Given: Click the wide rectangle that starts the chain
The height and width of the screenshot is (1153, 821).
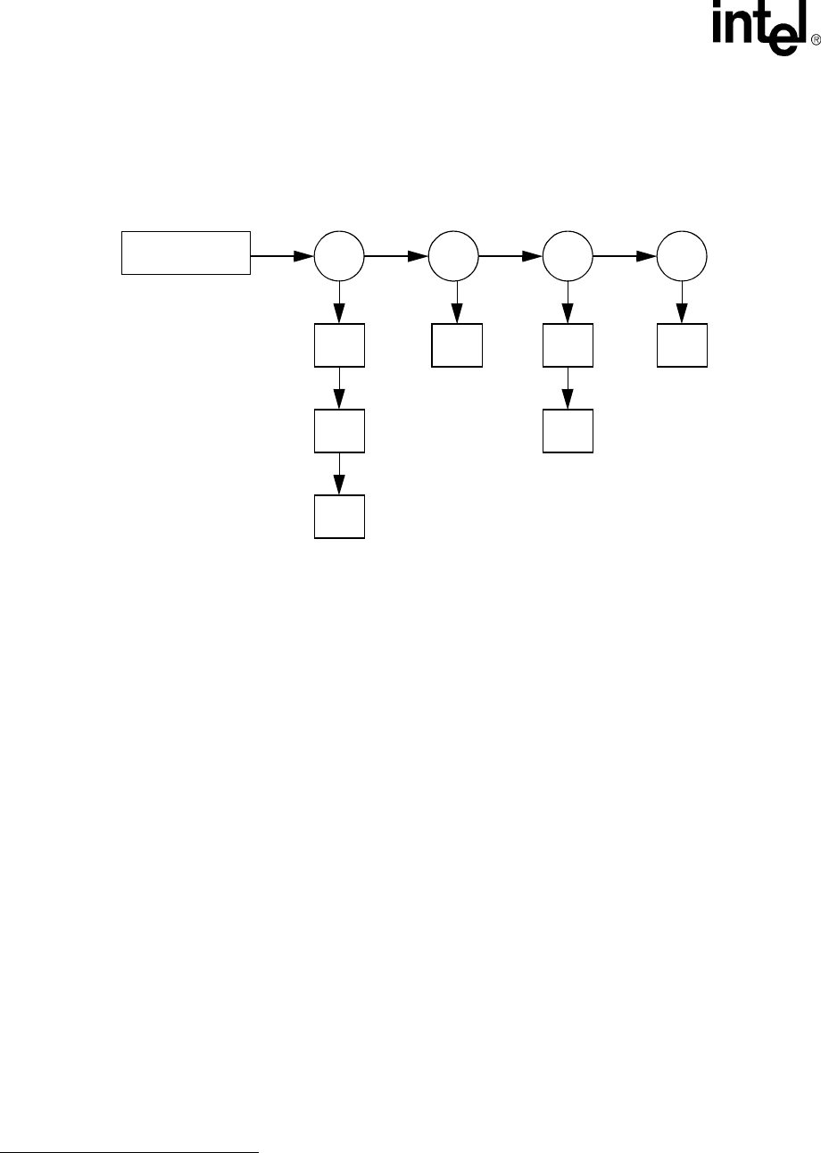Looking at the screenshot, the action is click(186, 253).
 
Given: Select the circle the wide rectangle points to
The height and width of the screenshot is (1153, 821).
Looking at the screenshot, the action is click(340, 257).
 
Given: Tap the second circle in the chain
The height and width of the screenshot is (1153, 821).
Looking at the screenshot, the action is click(453, 257).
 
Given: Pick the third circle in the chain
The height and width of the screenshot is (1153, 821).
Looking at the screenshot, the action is click(568, 257).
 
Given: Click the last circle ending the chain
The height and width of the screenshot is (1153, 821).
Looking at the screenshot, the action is click(683, 257).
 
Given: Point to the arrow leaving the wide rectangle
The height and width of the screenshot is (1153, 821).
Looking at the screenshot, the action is click(283, 257).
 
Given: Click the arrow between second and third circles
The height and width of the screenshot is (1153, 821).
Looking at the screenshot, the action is click(510, 257).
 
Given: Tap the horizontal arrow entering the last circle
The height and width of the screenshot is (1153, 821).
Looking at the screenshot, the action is click(625, 257).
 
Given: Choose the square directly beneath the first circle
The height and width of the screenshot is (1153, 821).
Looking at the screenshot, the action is click(340, 345).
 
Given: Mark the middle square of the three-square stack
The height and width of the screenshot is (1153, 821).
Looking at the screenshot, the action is click(340, 431).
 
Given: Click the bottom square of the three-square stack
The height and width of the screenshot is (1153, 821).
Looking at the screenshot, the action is click(340, 516).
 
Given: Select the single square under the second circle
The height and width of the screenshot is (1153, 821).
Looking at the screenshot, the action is click(457, 345).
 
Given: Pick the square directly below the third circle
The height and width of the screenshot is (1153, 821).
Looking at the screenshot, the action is click(568, 345).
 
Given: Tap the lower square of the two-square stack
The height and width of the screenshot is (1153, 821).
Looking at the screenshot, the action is click(568, 431).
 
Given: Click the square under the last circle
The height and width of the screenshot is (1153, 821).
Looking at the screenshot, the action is click(683, 345).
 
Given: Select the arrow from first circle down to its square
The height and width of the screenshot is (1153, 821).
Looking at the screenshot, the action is click(340, 303).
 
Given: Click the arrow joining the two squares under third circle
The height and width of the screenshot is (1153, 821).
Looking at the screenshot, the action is click(568, 388).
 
